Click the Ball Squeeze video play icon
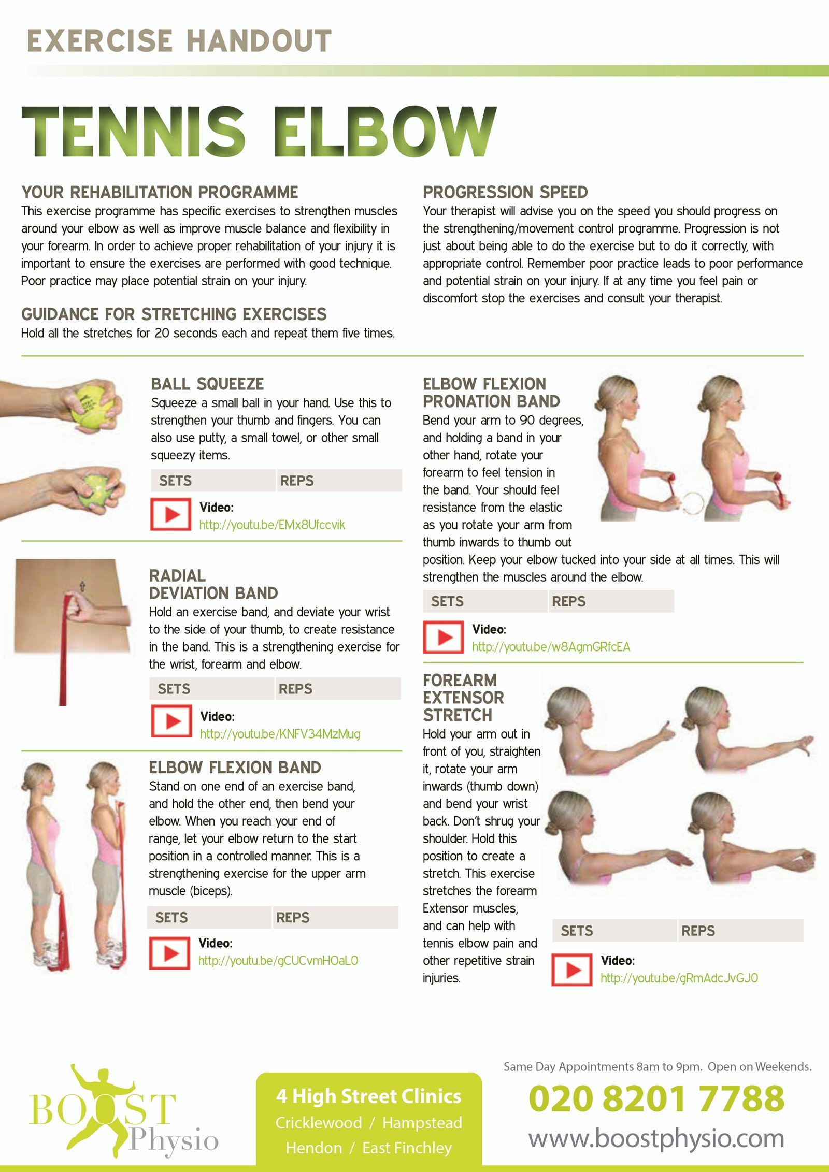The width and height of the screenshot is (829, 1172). (x=170, y=514)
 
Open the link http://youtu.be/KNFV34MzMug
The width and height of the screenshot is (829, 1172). (x=280, y=734)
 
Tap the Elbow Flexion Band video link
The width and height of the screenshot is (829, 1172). (x=278, y=961)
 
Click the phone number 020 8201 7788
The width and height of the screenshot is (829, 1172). (x=656, y=1098)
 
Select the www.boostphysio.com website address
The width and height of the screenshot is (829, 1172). (x=656, y=1138)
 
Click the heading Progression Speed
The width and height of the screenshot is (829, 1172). (x=505, y=192)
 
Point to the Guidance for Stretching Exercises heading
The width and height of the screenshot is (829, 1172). (x=174, y=314)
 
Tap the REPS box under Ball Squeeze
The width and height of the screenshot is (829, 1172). (x=339, y=481)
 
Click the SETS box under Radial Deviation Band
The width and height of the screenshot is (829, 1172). (x=212, y=689)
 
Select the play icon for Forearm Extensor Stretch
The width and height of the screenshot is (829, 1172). (x=571, y=970)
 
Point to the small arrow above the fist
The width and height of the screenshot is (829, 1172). (x=82, y=587)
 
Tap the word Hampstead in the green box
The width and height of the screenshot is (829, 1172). (x=422, y=1123)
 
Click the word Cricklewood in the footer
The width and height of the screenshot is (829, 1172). (x=318, y=1123)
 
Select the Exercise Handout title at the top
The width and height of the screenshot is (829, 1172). (x=179, y=41)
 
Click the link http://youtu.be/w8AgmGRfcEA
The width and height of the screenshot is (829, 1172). (x=551, y=647)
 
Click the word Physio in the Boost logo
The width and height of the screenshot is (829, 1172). (x=174, y=1141)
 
